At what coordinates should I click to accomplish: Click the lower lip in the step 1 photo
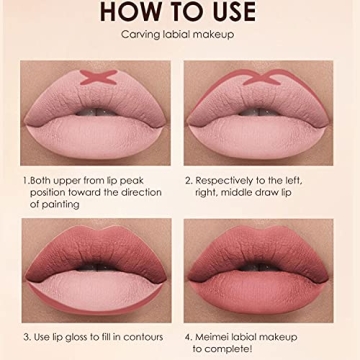(x=97, y=130)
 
